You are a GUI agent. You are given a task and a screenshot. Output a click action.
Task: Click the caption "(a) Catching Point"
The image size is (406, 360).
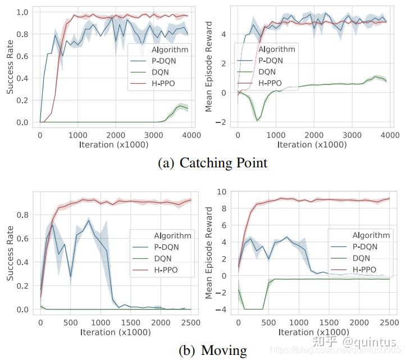pyautogui.click(x=212, y=163)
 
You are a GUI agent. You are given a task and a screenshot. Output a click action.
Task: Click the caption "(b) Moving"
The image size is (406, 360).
pyautogui.click(x=212, y=350)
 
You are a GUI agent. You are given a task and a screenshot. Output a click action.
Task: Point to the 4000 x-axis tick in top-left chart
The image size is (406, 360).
pyautogui.click(x=190, y=135)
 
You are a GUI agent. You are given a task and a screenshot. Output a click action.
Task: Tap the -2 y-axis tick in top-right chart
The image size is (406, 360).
pyautogui.click(x=223, y=122)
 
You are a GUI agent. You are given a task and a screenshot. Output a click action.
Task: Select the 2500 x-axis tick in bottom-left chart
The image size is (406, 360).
pyautogui.click(x=190, y=322)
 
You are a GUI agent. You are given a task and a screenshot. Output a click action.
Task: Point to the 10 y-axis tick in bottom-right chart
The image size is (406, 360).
pyautogui.click(x=222, y=192)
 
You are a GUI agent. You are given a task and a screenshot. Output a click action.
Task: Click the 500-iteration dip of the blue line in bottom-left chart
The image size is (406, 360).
pyautogui.click(x=70, y=277)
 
